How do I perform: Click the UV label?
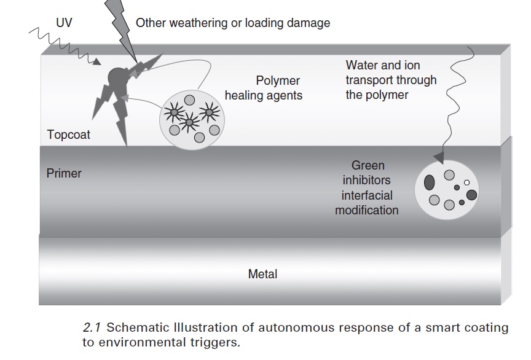(64, 23)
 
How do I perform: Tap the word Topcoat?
(68, 135)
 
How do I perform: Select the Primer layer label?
(64, 173)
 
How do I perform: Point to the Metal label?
(262, 273)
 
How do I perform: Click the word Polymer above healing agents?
(278, 80)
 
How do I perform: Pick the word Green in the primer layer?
(368, 165)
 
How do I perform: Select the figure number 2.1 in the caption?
(92, 327)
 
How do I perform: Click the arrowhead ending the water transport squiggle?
(439, 157)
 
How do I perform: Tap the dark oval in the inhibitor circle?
(429, 182)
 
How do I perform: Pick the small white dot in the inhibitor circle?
(466, 182)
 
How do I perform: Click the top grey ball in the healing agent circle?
(189, 100)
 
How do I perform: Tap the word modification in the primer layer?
(367, 210)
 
